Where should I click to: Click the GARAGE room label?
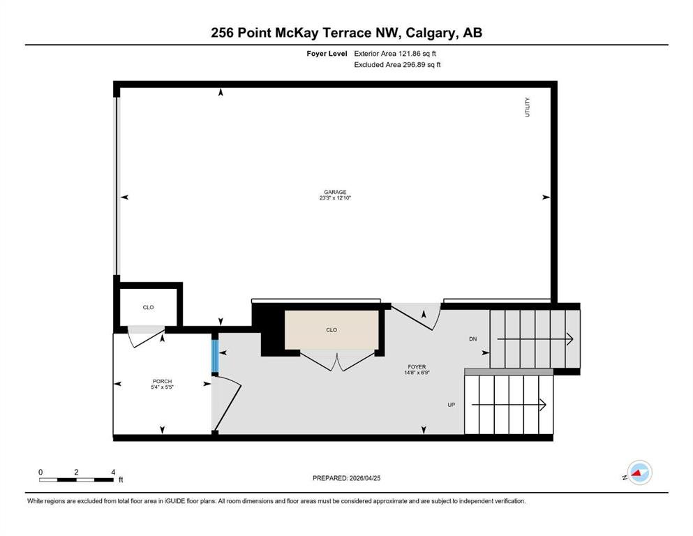point(335,192)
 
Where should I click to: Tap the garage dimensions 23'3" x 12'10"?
point(335,198)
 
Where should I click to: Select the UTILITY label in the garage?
point(527,107)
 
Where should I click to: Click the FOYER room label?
point(417,367)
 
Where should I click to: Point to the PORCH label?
point(162,381)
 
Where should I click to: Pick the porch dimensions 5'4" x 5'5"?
point(162,387)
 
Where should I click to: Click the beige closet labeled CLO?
point(331,329)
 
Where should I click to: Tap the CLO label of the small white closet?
point(148,307)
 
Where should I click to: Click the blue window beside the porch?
point(215,356)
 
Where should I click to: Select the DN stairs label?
point(473,339)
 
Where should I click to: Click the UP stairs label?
point(452,405)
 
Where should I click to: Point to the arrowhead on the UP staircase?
point(544,405)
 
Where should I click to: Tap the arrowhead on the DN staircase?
point(570,339)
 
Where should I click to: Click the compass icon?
point(639,472)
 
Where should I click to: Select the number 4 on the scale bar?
point(113,472)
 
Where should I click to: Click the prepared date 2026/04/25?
point(365,478)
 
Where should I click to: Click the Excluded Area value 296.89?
point(412,64)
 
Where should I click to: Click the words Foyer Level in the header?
point(327,54)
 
